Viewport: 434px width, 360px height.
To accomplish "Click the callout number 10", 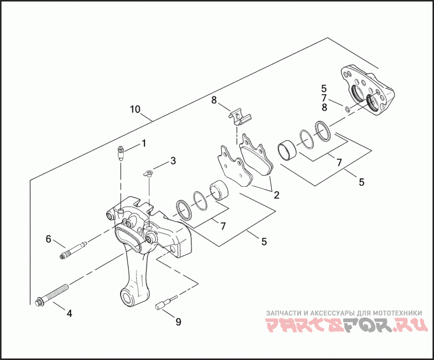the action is coord(135,109).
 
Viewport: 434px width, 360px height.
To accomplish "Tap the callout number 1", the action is coord(144,143).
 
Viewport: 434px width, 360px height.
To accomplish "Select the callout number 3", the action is coord(173,161).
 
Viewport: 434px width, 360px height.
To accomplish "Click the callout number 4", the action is coord(69,313).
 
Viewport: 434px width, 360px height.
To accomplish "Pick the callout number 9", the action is coord(178,322).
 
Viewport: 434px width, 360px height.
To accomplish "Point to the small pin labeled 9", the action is coord(165,305).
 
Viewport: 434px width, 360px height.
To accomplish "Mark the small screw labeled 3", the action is coord(148,174).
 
